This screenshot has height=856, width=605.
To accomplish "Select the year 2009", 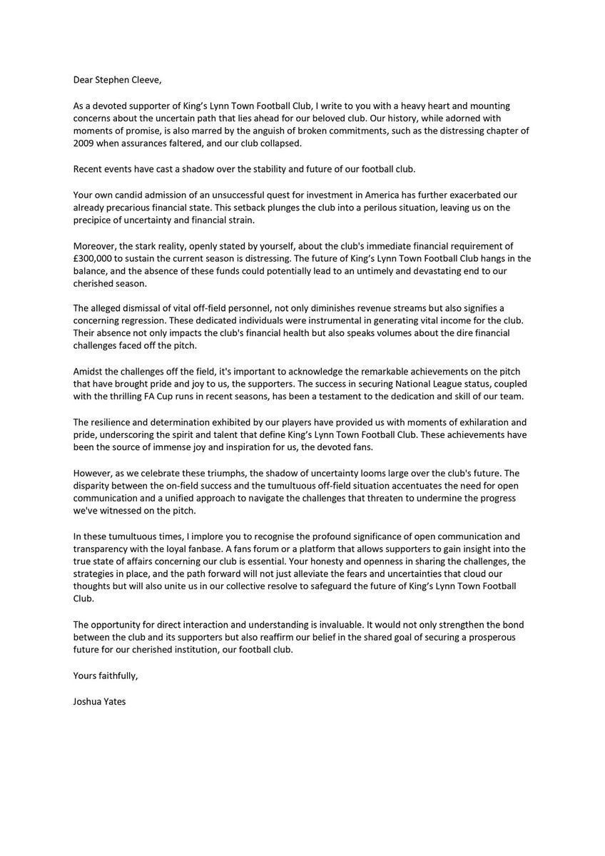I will pos(85,142).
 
